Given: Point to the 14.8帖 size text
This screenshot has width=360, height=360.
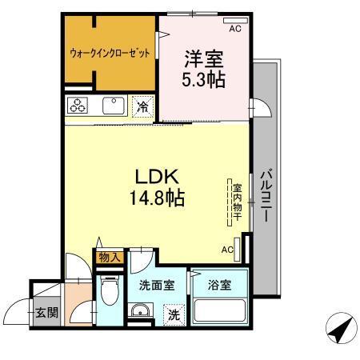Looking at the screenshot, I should (x=156, y=198).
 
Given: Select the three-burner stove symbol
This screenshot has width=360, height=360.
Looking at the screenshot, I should (x=78, y=106).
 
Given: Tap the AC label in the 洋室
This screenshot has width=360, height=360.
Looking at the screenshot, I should (x=235, y=30).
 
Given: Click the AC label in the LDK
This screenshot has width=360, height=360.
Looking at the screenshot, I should (x=227, y=250).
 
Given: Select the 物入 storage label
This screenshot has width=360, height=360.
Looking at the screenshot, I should (x=109, y=258).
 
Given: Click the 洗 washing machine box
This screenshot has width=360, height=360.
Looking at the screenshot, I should (x=173, y=314).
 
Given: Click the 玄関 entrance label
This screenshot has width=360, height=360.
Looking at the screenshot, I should (x=46, y=312).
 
